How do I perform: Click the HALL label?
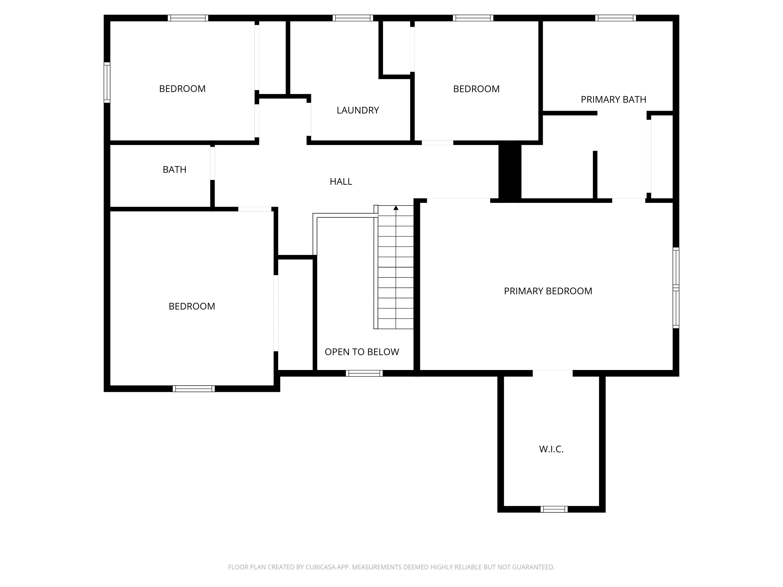[x=341, y=182]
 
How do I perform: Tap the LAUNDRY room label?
[x=358, y=110]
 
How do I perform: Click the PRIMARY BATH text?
[x=613, y=99]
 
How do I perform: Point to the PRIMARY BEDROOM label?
[x=548, y=291]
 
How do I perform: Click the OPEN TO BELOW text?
[x=361, y=352]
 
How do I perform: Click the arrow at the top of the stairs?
[x=396, y=208]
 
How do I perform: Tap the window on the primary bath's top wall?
[x=615, y=18]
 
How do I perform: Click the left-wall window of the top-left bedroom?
[x=107, y=82]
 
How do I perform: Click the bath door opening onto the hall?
[x=212, y=163]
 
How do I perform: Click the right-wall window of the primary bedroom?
[x=675, y=288]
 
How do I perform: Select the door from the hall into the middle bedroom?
[x=437, y=143]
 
